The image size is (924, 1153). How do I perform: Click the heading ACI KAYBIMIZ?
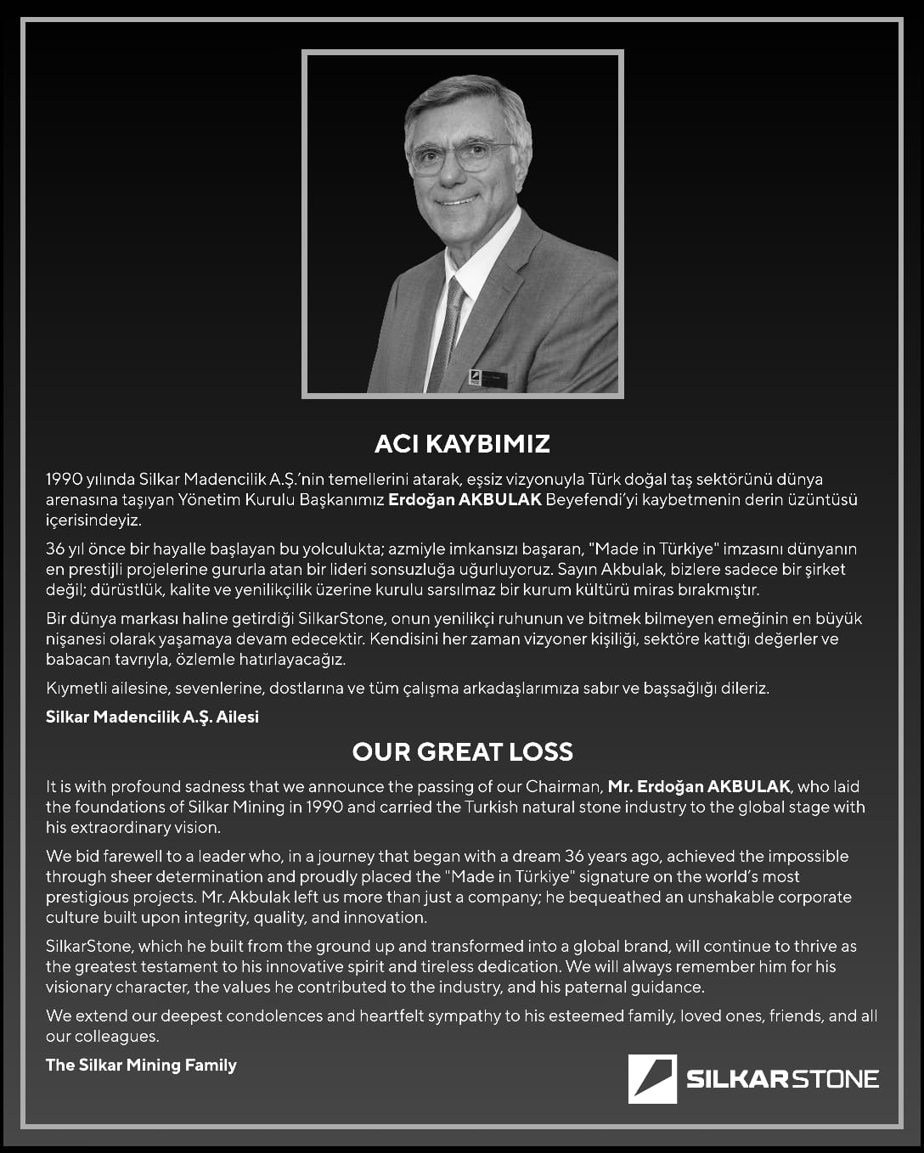(462, 443)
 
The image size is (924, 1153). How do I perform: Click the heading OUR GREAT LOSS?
(462, 751)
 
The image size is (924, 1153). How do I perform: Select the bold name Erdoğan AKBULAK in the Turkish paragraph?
(465, 499)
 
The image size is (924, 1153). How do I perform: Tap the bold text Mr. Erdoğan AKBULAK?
(699, 786)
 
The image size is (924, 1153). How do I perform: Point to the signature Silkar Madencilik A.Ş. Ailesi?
(152, 717)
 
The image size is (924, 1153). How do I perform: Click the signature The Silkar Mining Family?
(141, 1065)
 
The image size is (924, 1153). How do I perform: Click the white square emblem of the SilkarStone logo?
(652, 1078)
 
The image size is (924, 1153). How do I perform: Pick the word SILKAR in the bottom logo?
(736, 1079)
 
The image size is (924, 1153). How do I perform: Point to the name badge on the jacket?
(487, 379)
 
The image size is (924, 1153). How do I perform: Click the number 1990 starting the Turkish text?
(64, 479)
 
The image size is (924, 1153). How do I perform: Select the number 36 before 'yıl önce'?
(55, 548)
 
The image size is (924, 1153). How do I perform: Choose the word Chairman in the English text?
(563, 786)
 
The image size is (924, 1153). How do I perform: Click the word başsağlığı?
(680, 688)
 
